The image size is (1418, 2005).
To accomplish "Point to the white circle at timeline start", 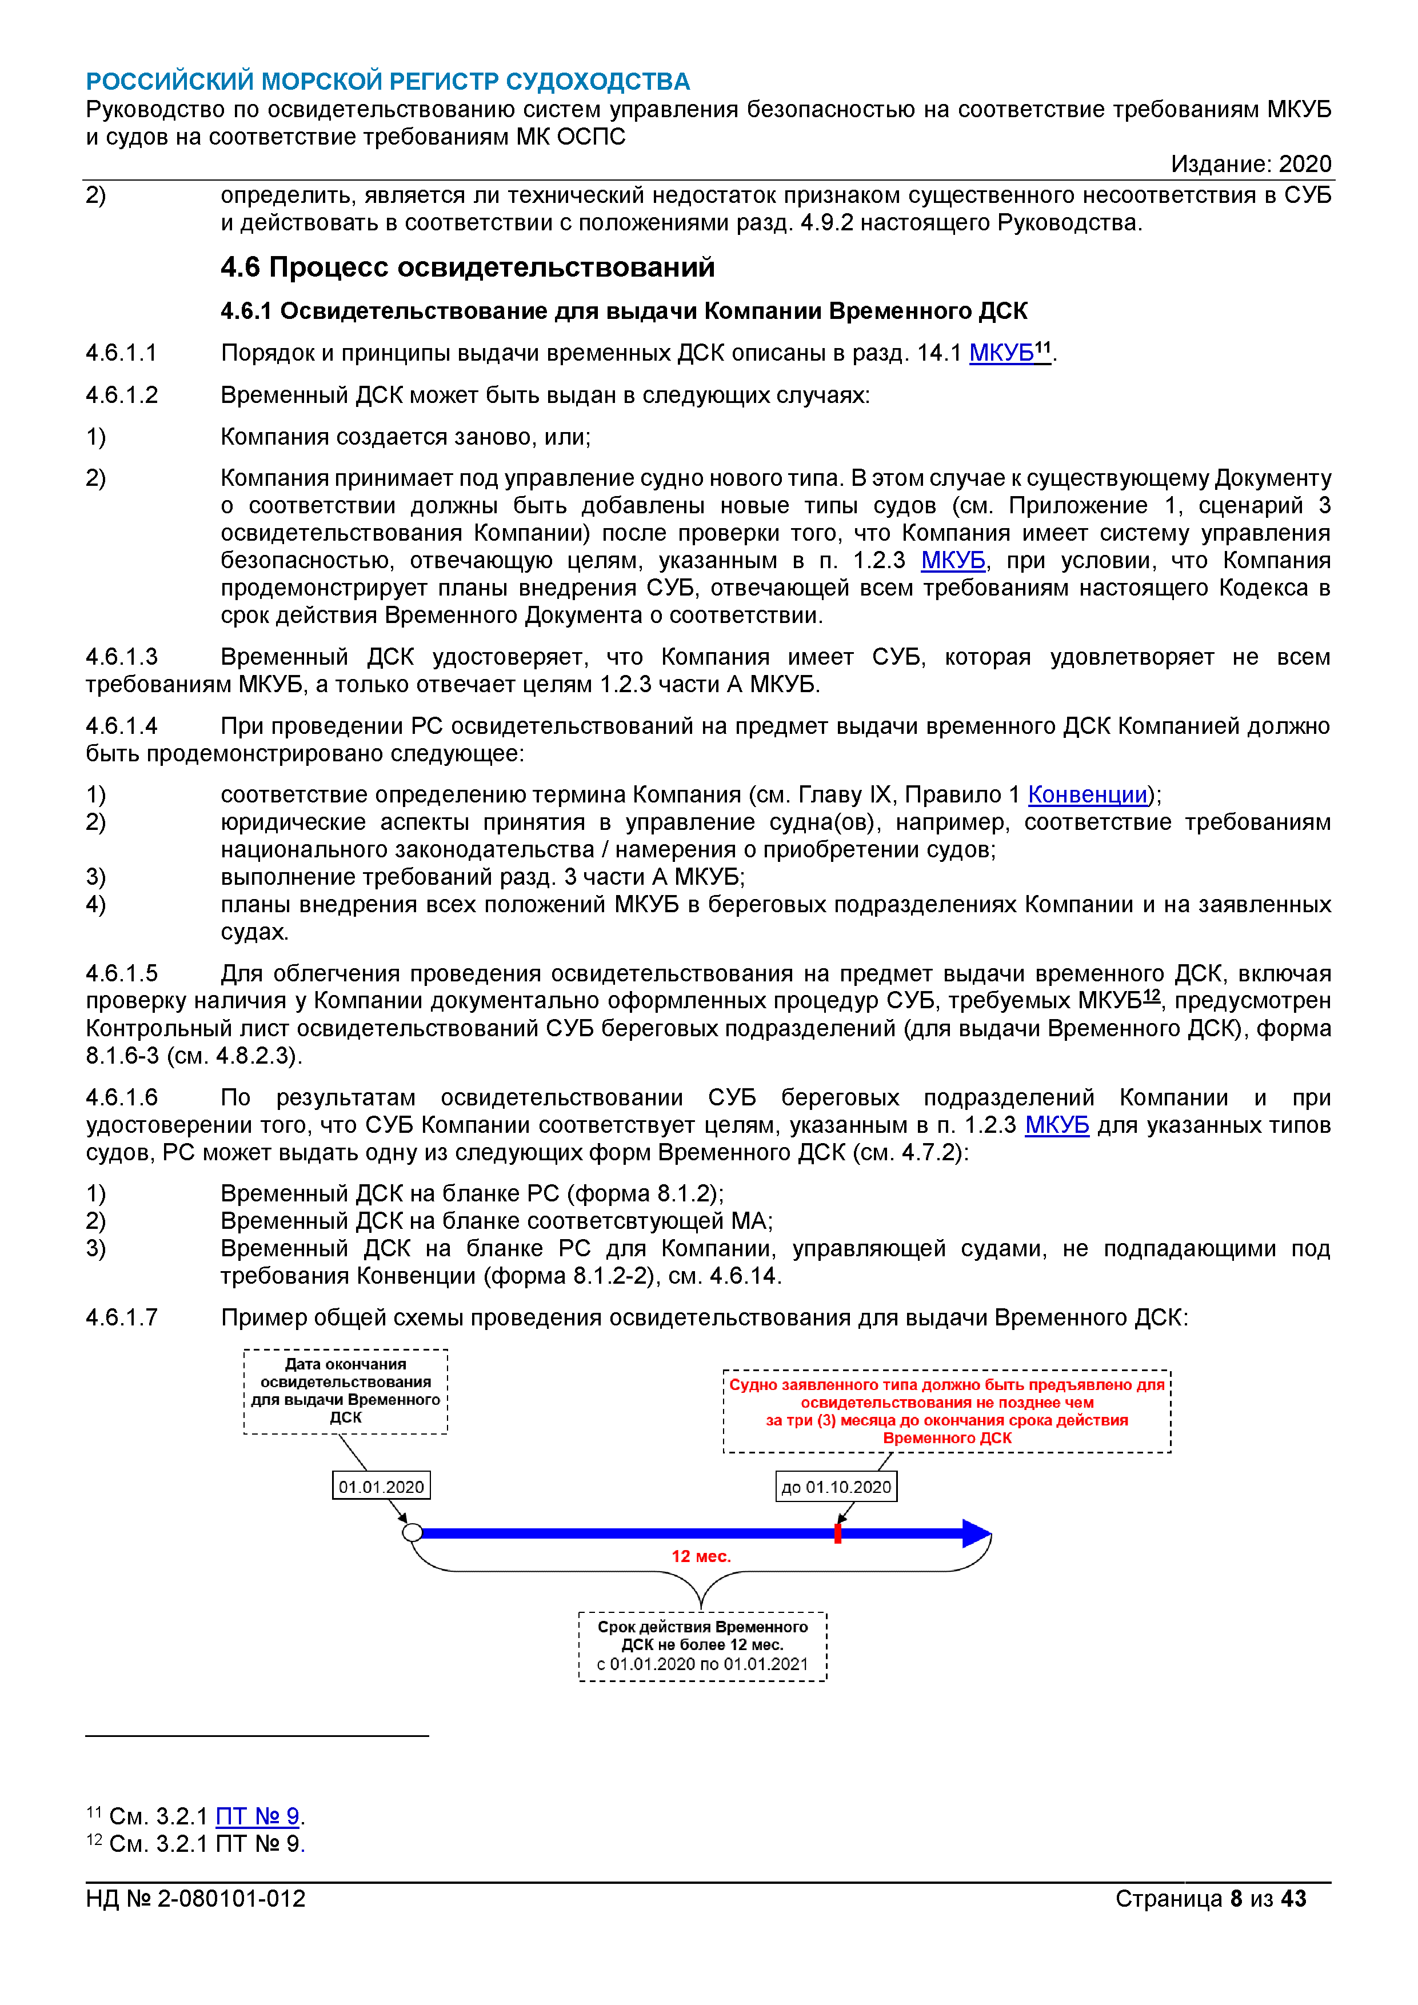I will [412, 1532].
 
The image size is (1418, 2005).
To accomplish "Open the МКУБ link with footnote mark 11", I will [1001, 353].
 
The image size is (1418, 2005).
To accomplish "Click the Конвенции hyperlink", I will [1087, 794].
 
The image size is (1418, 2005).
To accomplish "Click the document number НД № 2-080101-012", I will [195, 1899].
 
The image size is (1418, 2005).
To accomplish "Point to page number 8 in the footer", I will [1236, 1899].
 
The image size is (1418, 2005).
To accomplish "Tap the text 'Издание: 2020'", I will [1251, 164].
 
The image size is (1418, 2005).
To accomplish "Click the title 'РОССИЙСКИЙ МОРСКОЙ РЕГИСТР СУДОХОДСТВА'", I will [388, 81].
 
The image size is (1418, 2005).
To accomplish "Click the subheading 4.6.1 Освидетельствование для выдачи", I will [624, 311].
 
